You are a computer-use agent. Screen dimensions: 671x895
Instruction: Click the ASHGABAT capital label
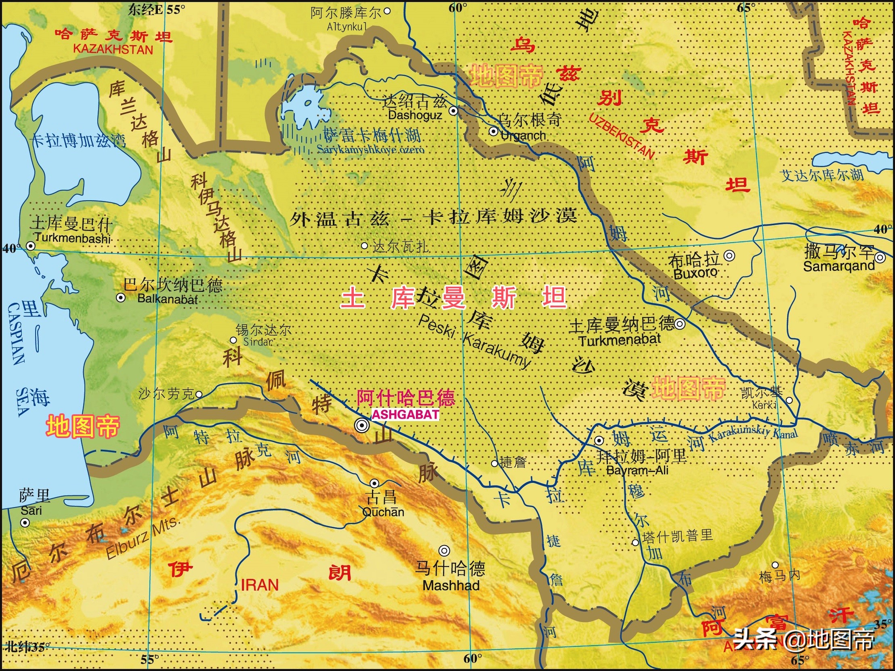coord(405,415)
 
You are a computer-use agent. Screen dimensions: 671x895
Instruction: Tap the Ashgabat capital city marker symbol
coord(361,425)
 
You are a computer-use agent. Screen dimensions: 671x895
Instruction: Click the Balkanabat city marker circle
coord(120,298)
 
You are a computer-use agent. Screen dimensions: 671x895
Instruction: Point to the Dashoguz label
coord(415,115)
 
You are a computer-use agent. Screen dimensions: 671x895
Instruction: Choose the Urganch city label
coord(523,136)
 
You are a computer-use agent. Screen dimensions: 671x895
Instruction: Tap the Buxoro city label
coord(695,274)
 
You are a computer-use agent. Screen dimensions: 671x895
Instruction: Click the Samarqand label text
coord(839,266)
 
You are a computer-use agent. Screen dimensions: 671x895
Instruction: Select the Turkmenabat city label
coord(619,340)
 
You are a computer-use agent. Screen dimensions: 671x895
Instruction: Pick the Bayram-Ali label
coord(637,470)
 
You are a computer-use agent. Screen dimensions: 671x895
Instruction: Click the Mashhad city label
coord(451,585)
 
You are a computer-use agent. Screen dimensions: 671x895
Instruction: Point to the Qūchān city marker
coord(374,483)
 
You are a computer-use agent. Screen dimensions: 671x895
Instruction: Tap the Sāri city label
coord(31,510)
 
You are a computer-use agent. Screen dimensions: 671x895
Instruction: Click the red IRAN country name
coord(259,585)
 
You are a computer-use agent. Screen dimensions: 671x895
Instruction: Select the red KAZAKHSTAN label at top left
coord(113,50)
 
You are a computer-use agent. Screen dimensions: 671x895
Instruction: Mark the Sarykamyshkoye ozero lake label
coord(370,150)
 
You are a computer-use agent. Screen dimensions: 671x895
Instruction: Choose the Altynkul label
coord(347,27)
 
